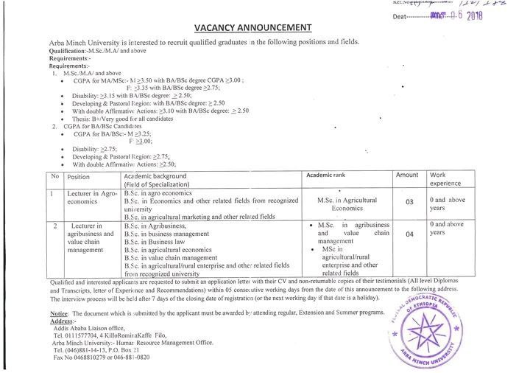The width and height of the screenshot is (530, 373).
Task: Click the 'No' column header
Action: click(55, 177)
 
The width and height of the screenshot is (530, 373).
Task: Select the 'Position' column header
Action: click(78, 177)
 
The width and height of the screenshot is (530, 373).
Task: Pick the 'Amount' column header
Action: click(407, 174)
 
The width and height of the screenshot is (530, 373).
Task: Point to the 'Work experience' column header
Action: click(447, 178)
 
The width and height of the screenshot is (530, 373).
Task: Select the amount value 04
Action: click(409, 235)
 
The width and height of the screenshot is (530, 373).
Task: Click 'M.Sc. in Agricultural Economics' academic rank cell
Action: click(345, 203)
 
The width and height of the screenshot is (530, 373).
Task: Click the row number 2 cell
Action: click(55, 223)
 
